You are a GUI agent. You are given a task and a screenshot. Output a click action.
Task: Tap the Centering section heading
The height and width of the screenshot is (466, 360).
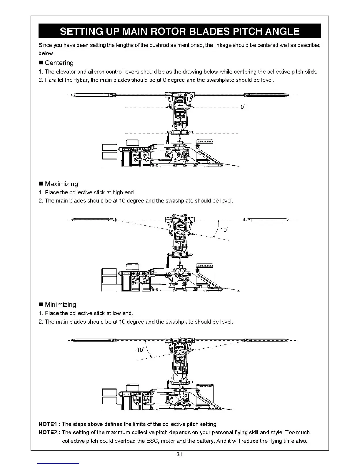click(59, 63)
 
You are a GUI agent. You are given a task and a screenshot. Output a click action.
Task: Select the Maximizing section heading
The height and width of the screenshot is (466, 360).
click(61, 184)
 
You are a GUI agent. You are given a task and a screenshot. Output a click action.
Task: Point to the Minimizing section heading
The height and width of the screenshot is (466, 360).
click(60, 304)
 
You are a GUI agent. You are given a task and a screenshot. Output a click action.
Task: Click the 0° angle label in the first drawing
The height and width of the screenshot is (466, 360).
click(243, 107)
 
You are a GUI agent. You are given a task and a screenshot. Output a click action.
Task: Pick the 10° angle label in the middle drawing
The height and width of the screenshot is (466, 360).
click(224, 230)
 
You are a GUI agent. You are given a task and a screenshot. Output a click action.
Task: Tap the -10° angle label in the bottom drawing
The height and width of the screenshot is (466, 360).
click(139, 349)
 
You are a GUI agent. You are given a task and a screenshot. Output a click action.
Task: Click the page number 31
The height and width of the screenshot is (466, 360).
click(179, 455)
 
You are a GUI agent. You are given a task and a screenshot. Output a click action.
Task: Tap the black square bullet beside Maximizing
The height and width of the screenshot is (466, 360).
click(41, 184)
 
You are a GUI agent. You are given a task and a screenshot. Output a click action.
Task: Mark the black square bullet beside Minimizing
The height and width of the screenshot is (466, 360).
click(41, 305)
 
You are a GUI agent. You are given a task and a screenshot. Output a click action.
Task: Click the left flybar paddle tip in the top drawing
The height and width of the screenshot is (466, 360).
click(73, 95)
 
